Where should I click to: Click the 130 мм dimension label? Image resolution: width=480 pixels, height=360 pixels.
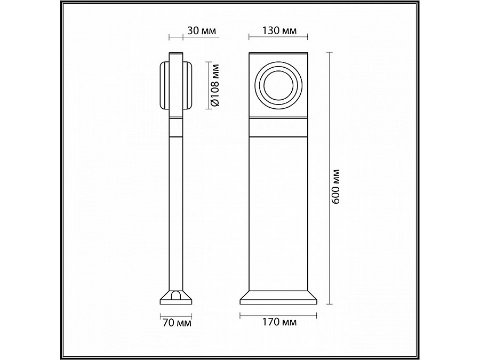coord(278,30)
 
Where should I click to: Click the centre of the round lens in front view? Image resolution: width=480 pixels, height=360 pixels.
coord(278,85)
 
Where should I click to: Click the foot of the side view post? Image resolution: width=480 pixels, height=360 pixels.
coord(176,297)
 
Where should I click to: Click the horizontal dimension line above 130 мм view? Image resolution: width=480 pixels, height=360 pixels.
coord(278,38)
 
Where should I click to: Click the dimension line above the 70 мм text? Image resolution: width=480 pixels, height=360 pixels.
coord(176,315)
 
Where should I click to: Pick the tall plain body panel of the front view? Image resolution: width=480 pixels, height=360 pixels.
coord(278,213)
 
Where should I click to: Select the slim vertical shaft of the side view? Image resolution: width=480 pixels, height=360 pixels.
coord(176,213)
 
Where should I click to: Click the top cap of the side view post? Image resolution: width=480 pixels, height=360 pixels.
coord(176,56)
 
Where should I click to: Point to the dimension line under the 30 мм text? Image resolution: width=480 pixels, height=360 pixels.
coord(176,38)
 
